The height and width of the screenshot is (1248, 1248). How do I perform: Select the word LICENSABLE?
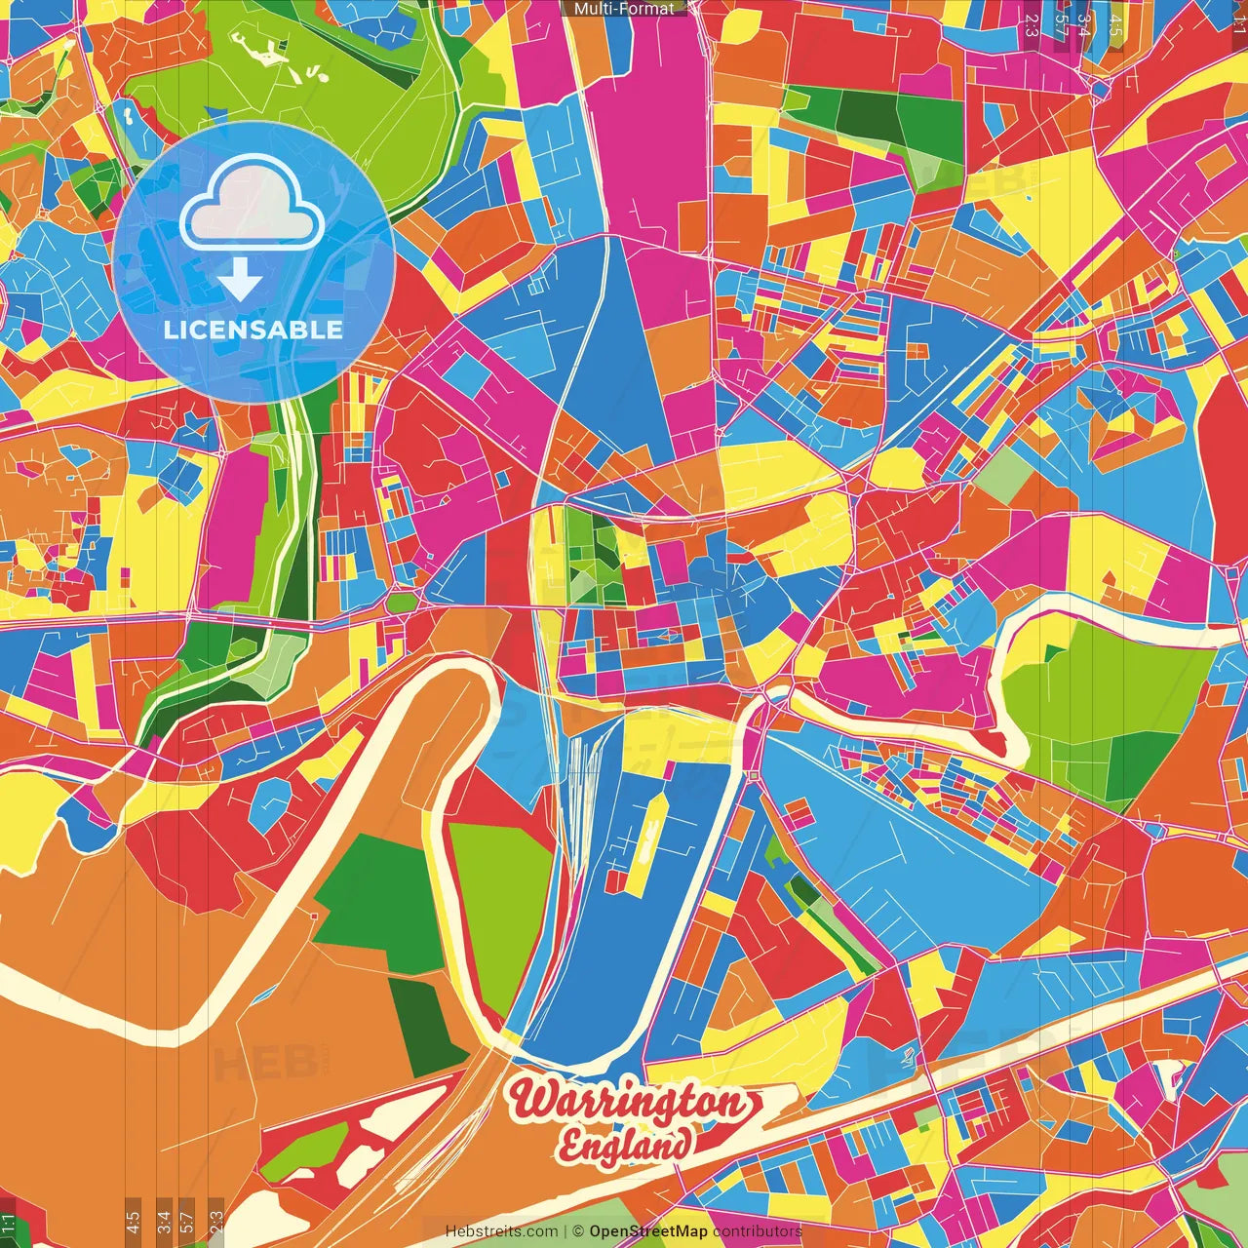coord(253,330)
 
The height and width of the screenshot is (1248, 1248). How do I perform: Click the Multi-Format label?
coord(624,8)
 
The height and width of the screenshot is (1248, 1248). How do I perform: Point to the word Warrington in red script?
coord(630,1102)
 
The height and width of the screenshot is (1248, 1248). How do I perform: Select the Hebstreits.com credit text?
coord(502,1231)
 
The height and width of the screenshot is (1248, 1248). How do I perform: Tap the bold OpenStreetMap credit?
coord(648,1231)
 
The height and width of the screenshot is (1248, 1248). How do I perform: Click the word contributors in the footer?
coord(758,1231)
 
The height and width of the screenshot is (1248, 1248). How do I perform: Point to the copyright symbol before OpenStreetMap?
coord(578,1231)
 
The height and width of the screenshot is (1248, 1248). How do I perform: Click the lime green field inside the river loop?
coord(502,907)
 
